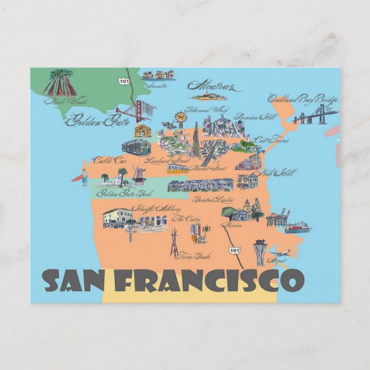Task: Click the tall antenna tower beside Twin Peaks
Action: click(173, 242)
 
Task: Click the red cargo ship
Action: click(298, 228)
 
